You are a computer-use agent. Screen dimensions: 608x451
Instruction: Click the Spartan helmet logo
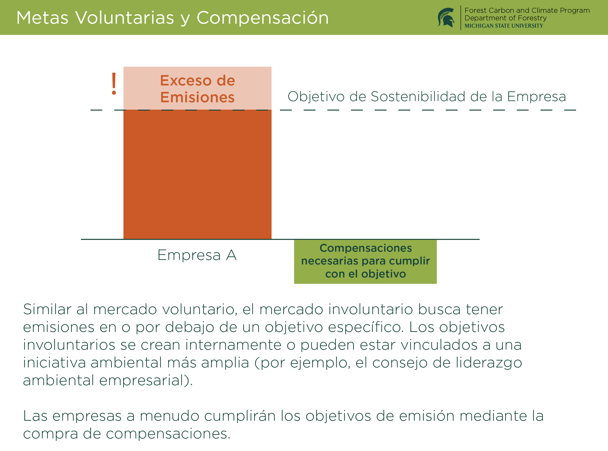[x=446, y=18]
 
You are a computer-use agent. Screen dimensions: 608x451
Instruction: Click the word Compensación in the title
[x=262, y=18]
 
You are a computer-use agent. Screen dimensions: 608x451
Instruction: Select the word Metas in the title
[x=42, y=18]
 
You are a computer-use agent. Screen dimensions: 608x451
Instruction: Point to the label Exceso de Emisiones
[x=198, y=89]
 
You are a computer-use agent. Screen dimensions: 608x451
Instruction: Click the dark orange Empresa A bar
[x=198, y=174]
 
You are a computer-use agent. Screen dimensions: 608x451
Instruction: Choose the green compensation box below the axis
[x=365, y=262]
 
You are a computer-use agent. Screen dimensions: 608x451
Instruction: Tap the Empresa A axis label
[x=197, y=255]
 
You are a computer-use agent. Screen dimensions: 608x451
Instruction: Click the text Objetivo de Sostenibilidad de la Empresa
[x=427, y=97]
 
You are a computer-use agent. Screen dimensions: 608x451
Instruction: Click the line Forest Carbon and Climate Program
[x=527, y=10]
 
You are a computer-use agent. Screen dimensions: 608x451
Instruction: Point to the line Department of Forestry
[x=506, y=18]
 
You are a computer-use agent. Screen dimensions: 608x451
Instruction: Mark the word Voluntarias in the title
[x=125, y=18]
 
